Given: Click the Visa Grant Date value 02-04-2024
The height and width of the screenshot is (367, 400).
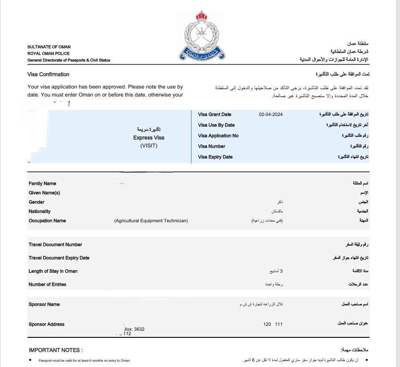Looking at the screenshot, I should tap(271, 115).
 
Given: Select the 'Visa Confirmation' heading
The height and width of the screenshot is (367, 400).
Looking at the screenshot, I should tap(48, 74).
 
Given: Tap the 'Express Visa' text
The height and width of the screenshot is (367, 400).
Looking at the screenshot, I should tap(149, 138).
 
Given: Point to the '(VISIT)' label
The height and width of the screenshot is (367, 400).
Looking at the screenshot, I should tap(149, 146).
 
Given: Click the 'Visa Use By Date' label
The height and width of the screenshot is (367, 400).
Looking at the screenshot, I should tap(216, 125).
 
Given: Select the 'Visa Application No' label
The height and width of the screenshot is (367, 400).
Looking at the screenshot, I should tap(218, 136).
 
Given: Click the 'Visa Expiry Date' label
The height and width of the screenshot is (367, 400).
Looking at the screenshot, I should tap(215, 157).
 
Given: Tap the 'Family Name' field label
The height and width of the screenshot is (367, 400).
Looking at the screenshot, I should tap(43, 183).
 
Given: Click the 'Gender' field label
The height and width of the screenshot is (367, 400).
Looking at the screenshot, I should tap(36, 202).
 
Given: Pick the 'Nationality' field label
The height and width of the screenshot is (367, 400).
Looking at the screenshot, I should tap(39, 212).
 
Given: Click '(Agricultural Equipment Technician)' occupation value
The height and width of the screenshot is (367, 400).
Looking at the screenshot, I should tap(151, 221).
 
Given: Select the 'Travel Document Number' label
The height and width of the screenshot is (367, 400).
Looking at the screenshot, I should tap(55, 244).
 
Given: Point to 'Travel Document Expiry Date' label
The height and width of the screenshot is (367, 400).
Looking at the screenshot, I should tap(59, 258).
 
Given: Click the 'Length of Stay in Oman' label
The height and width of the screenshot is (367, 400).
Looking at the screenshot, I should tap(53, 271).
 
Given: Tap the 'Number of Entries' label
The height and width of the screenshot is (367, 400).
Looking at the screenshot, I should tap(47, 284).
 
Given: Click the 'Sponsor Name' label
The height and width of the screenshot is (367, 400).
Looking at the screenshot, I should tap(44, 304).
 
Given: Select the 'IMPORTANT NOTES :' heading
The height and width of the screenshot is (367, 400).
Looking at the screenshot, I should tap(56, 350).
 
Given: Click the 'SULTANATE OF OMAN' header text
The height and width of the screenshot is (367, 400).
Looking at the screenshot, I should tap(49, 47).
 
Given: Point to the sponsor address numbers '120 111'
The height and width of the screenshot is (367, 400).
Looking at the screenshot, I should tap(272, 325).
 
